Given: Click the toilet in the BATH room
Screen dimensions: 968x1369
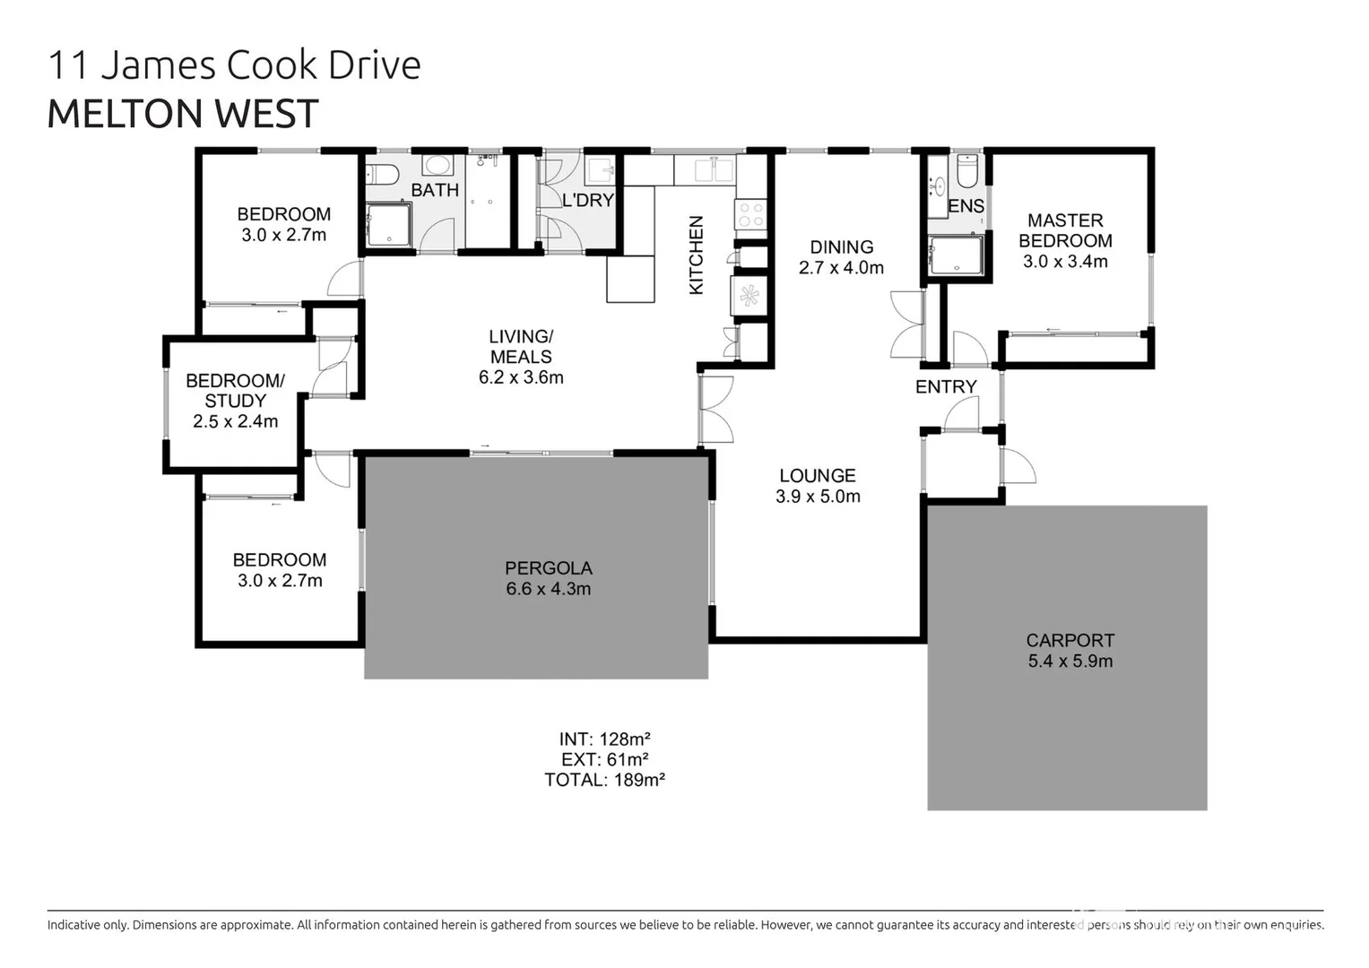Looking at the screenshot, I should (380, 173).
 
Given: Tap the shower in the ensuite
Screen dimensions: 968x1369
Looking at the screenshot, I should (956, 255).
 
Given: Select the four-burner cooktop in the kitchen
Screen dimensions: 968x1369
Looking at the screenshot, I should (751, 214).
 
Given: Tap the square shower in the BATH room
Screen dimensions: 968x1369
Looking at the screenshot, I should (387, 224).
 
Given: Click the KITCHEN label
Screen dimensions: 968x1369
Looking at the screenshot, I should (696, 255).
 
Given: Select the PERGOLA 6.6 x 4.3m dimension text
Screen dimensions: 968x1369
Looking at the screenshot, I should (548, 589).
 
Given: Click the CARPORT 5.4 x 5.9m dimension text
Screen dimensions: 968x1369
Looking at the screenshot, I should (1070, 661).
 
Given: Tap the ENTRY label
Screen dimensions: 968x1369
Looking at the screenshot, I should (945, 386).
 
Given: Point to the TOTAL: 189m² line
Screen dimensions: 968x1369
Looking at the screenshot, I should (604, 780).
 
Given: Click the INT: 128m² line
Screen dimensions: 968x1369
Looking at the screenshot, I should (604, 739).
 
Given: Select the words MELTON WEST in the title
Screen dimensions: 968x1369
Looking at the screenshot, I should (183, 114).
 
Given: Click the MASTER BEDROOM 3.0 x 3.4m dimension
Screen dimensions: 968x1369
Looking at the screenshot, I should (1065, 262).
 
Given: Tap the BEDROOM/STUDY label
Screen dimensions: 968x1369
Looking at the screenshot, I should (235, 391).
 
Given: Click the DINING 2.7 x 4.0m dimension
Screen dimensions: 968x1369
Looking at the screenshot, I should (841, 268).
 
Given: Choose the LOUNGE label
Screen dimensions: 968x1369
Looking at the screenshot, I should (817, 476).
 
